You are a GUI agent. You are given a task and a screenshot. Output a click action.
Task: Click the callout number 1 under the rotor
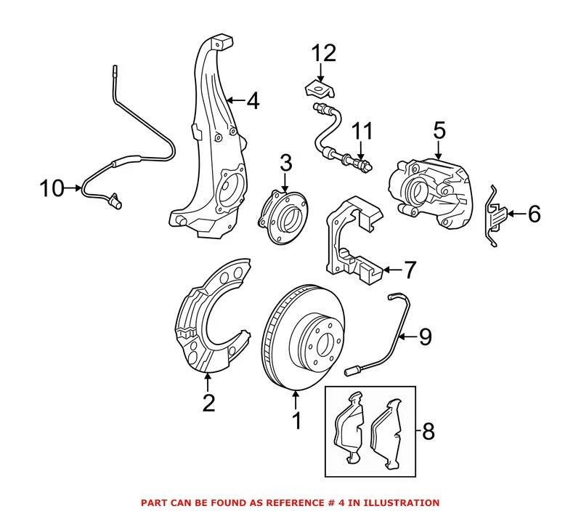coord(296,421)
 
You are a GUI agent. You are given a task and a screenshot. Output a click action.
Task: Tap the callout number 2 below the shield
coord(209,401)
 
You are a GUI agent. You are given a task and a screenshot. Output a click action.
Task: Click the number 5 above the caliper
coord(438,130)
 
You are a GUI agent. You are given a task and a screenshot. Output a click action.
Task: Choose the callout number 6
coord(534,214)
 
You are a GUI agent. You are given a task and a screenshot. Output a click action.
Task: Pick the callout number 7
coord(410,270)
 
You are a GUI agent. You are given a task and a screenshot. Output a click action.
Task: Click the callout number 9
coord(424,336)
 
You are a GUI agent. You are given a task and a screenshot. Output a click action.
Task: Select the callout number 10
coord(52,189)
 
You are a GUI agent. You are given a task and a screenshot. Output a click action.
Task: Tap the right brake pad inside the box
coord(392,432)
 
